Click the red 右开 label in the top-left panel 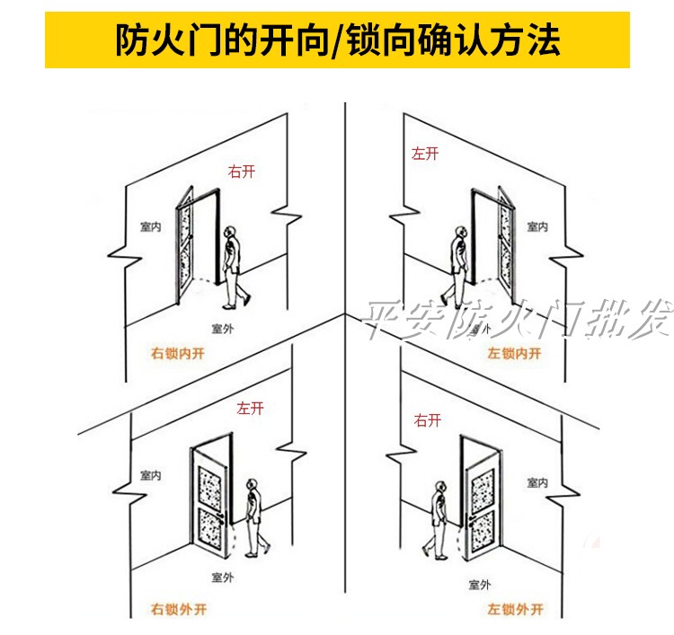(241, 171)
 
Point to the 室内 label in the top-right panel (537, 227)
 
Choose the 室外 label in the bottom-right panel (479, 584)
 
